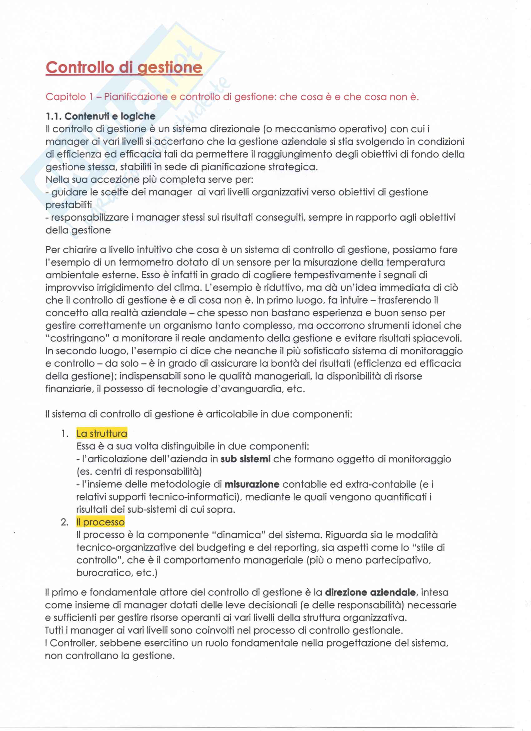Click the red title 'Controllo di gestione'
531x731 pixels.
[x=124, y=68]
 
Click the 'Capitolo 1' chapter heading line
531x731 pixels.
[x=232, y=97]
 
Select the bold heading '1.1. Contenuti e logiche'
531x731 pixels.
[x=101, y=116]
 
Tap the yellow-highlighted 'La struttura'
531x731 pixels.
[x=102, y=433]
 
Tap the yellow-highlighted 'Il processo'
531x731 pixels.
[x=100, y=522]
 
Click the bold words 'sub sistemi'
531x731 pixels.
[x=245, y=459]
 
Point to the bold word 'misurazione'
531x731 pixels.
[x=252, y=484]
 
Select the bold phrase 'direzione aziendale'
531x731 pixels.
[x=370, y=592]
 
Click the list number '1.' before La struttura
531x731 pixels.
[x=65, y=433]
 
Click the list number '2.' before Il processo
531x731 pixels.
[x=64, y=522]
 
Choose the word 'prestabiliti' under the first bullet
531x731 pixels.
[x=69, y=205]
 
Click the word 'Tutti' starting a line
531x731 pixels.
[x=55, y=630]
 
